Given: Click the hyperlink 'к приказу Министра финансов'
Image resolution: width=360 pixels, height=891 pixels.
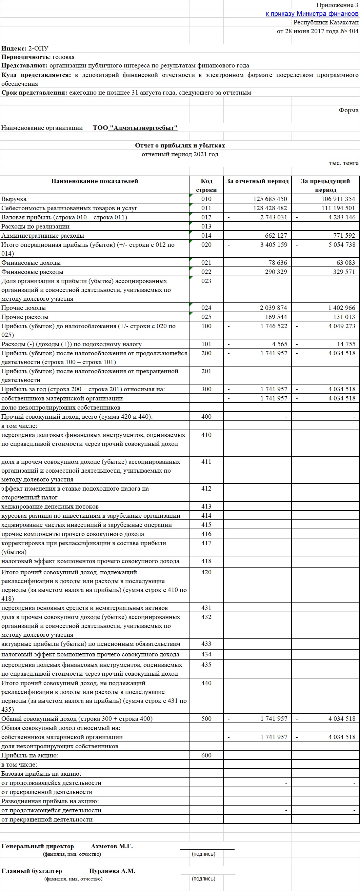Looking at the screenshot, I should click(x=312, y=14).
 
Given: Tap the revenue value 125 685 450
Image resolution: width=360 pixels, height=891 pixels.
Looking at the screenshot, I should click(x=270, y=199).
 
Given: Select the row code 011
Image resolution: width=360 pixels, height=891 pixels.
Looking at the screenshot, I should click(x=206, y=208).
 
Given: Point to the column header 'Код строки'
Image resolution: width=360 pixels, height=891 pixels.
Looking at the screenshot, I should click(x=206, y=185).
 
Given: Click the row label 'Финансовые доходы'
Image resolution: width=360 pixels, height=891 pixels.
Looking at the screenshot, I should click(x=31, y=263).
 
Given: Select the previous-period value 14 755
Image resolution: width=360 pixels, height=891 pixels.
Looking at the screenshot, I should click(x=346, y=344).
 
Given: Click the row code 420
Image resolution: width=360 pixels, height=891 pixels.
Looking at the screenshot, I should click(x=206, y=572).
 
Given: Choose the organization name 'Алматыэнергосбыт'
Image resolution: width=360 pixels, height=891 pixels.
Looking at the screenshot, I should click(x=143, y=128).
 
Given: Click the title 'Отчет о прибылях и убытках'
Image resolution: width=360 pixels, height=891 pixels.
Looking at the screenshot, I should click(x=180, y=145).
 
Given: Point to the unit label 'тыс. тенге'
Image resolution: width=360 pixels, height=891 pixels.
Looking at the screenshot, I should click(x=343, y=163).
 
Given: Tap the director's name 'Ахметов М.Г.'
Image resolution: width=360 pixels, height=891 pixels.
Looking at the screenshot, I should click(x=112, y=846).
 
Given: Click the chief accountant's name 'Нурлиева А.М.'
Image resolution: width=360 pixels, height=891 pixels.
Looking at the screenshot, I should click(x=112, y=871).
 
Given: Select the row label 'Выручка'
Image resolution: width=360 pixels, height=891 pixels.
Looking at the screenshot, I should click(x=14, y=199).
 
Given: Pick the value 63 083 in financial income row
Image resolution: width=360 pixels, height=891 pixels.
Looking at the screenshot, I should click(x=346, y=263).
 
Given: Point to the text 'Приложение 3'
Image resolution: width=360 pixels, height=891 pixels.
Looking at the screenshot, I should click(x=337, y=5).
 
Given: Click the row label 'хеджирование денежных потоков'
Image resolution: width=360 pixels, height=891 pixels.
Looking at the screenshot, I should click(x=50, y=507).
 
